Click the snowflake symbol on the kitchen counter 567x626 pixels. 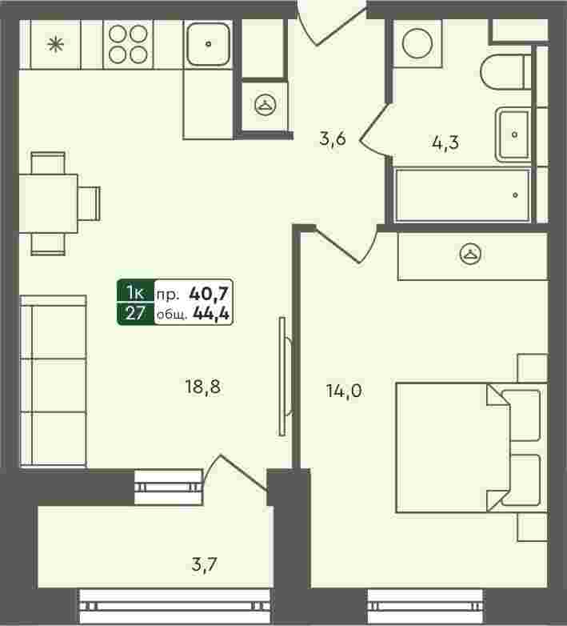[55, 44]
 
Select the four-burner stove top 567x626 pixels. [128, 44]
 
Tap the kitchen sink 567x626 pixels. [208, 44]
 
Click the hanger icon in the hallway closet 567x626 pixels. [266, 105]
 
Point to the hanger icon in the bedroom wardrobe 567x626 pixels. [470, 254]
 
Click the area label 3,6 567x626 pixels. [333, 139]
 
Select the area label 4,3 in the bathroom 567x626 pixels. [445, 142]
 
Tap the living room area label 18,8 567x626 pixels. [202, 387]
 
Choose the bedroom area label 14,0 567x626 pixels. [344, 391]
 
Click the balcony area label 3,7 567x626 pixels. [204, 564]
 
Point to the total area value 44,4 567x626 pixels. [211, 314]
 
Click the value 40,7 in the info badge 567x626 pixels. [209, 294]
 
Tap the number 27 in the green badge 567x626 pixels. [135, 314]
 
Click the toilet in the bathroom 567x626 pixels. [505, 72]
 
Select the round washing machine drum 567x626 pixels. [417, 43]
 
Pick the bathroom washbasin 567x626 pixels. [513, 134]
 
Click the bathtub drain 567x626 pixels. [515, 195]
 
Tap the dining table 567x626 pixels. [48, 203]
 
